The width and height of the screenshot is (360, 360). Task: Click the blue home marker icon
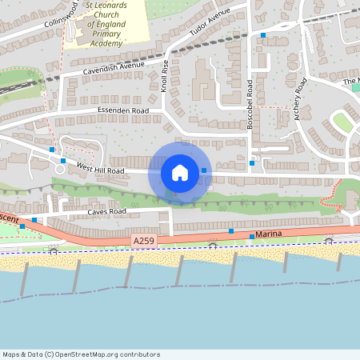pos(180,173)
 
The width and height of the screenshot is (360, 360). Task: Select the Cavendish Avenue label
pos(113,69)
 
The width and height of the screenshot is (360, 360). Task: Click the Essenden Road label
pos(123,110)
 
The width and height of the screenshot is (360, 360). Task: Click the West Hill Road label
pos(100,168)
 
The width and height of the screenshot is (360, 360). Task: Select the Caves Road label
pos(106,212)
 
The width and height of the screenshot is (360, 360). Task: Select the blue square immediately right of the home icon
pos(204,170)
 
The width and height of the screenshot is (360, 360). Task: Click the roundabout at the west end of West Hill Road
pos(60,167)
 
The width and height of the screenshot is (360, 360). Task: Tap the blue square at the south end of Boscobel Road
pos(251,163)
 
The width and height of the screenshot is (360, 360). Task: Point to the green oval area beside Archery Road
pos(342,122)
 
